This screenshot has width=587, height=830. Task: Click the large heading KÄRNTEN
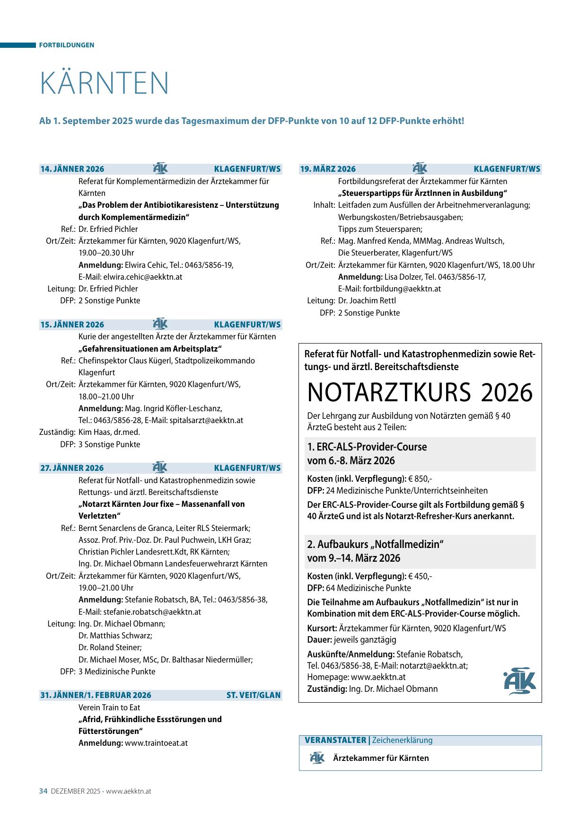click(105, 84)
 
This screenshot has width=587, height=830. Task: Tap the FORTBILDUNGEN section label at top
click(67, 45)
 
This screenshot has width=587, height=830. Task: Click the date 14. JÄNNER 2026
click(72, 169)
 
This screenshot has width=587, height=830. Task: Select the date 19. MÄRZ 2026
click(328, 169)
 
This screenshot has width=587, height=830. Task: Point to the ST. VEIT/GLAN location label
click(254, 695)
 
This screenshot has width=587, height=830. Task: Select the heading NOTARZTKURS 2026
click(420, 392)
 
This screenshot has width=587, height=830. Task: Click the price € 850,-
click(420, 478)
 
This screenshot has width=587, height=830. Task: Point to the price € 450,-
click(420, 576)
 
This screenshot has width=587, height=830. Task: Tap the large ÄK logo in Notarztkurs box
click(519, 680)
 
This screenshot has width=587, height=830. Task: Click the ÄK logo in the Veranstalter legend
click(317, 758)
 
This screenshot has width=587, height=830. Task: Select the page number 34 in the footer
click(44, 791)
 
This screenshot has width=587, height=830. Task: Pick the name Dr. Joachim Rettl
click(360, 300)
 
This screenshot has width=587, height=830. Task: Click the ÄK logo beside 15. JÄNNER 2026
click(160, 324)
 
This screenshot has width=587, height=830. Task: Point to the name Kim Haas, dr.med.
click(109, 432)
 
